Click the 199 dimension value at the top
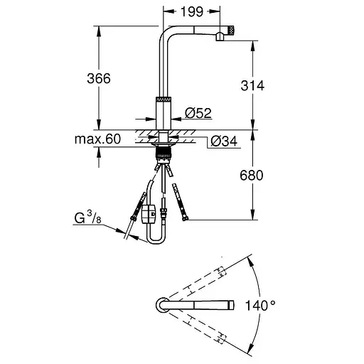192,11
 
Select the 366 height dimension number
99,78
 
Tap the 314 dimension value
252,85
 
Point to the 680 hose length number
252,176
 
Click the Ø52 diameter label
198,113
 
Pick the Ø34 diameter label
224,141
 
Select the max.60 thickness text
97,139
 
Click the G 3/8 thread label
88,218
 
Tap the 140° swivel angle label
260,305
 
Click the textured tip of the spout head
231,31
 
